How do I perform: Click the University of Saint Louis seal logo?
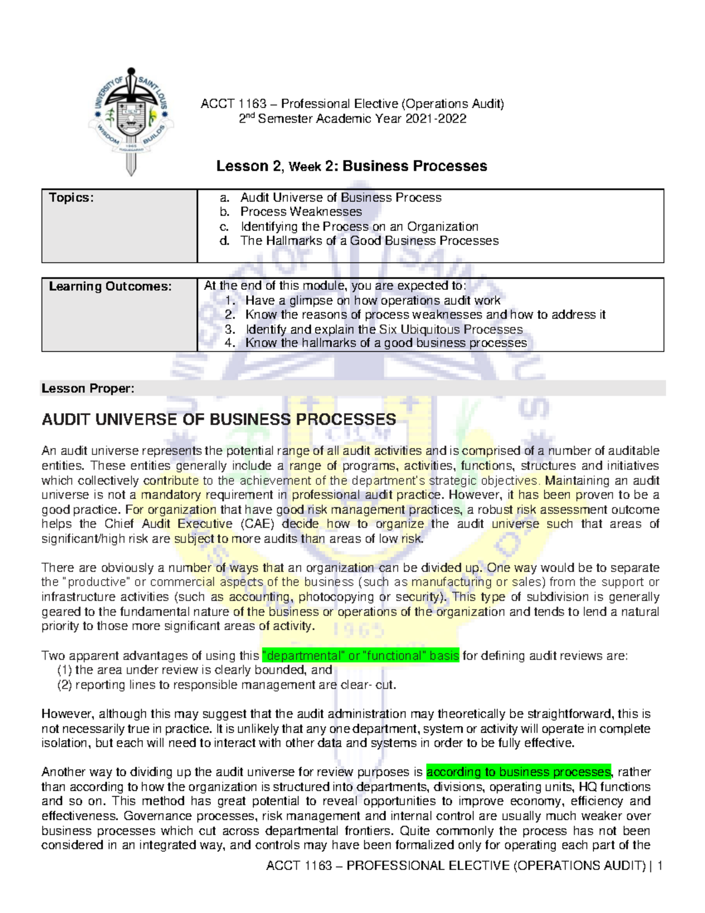[x=131, y=120]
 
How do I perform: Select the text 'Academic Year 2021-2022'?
[x=391, y=119]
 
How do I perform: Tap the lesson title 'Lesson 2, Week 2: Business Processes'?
[x=351, y=166]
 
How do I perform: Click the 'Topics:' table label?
[x=71, y=198]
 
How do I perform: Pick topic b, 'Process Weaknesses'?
[x=301, y=212]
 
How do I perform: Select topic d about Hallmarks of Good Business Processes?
[x=369, y=240]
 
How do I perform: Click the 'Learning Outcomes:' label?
[x=110, y=286]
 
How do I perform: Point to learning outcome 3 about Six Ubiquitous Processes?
[x=384, y=329]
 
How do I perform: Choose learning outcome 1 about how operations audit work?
[x=372, y=300]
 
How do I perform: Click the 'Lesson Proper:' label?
[x=88, y=389]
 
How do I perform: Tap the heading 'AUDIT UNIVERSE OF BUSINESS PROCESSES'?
[x=219, y=420]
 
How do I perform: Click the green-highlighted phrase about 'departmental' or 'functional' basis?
[x=360, y=656]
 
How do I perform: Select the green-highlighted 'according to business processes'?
[x=518, y=772]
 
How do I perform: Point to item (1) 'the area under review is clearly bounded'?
[x=194, y=670]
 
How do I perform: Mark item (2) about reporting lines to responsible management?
[x=227, y=685]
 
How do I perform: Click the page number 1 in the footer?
[x=660, y=865]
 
